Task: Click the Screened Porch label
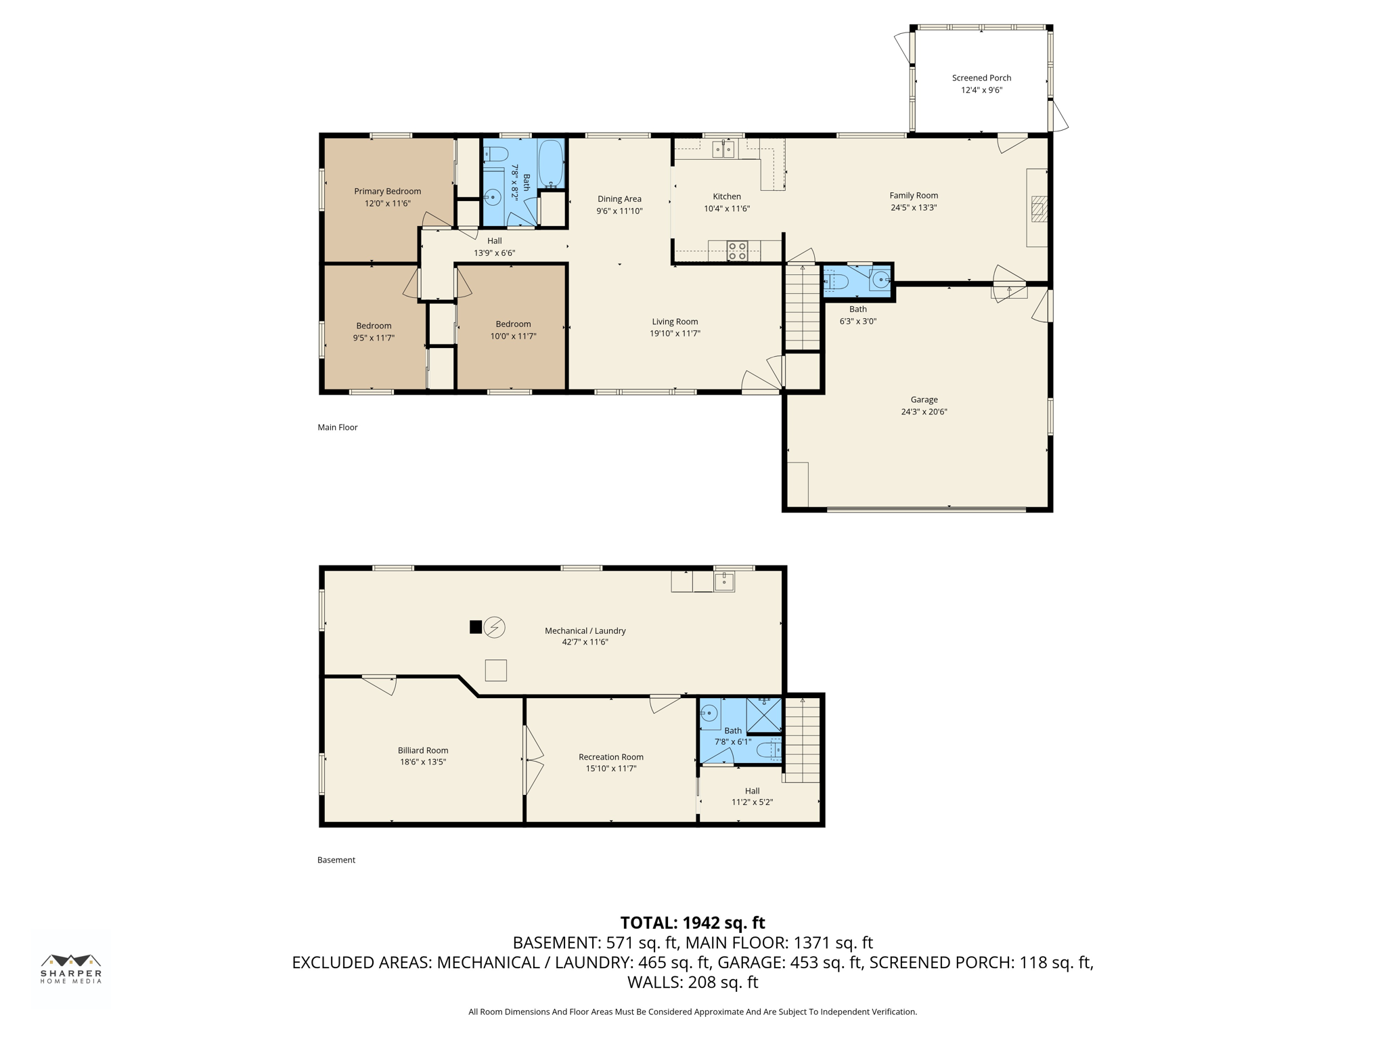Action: pos(981,78)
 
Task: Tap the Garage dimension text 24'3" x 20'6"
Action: pos(924,412)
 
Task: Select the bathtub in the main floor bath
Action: pos(551,164)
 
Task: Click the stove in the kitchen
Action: pos(737,251)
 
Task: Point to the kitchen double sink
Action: pos(723,149)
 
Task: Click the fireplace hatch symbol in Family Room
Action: pos(1039,209)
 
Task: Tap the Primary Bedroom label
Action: pos(387,192)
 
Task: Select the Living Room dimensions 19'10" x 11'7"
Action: pos(675,333)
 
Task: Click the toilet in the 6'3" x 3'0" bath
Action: pos(836,281)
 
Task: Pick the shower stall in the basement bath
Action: pos(763,715)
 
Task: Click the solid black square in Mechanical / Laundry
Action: pos(476,627)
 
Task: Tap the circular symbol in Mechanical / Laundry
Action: pos(495,627)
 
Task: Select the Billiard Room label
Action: pos(423,750)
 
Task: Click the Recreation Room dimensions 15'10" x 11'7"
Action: pos(611,768)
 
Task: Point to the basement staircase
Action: pos(802,740)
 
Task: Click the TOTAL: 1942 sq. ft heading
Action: pos(692,923)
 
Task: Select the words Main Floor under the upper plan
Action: pos(338,427)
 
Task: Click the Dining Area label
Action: pos(619,199)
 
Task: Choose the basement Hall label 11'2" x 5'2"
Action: pos(752,796)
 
